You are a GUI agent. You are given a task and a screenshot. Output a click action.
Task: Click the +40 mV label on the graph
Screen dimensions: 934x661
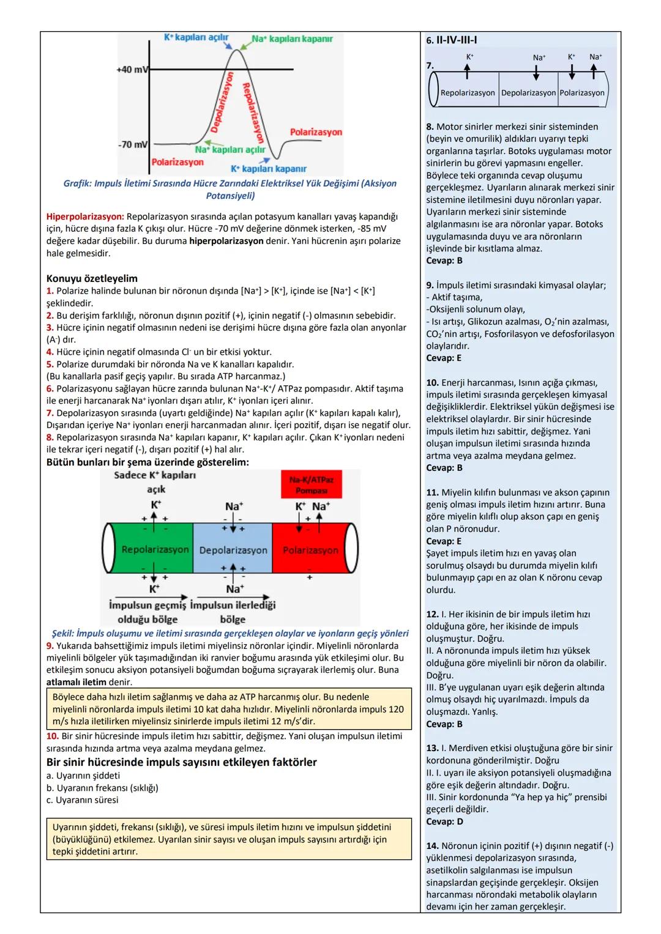click(132, 70)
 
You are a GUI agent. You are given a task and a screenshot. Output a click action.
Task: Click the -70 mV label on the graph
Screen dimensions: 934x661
click(132, 145)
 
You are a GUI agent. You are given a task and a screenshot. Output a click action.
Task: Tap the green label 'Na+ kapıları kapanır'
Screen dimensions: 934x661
click(293, 39)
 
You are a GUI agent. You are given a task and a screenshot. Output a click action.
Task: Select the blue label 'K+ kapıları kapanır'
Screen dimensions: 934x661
click(269, 169)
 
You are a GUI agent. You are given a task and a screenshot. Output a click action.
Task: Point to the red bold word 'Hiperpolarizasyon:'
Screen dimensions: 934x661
click(85, 217)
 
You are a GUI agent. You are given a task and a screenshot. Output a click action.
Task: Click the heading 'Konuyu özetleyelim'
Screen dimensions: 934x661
click(92, 278)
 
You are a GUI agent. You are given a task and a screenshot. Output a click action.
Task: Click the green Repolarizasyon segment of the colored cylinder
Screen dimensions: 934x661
click(155, 549)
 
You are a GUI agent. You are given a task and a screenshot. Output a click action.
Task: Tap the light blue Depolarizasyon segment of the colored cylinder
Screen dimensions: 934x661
click(233, 550)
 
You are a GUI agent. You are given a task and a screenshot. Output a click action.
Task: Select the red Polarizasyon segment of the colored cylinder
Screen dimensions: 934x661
click(310, 550)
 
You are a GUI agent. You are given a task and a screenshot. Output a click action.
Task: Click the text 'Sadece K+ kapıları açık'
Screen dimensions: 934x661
click(155, 482)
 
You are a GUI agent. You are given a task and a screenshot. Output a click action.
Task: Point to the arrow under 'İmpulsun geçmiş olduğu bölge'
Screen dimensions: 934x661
click(148, 597)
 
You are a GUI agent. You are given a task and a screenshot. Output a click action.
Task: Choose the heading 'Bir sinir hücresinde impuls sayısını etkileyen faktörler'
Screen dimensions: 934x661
click(182, 762)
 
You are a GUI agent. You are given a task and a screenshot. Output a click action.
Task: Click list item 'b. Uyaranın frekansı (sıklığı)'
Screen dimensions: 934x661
click(102, 788)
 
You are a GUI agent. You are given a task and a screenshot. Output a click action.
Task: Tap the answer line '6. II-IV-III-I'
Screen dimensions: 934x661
click(452, 40)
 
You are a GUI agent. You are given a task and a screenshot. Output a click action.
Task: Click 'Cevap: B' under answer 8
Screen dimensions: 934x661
click(444, 261)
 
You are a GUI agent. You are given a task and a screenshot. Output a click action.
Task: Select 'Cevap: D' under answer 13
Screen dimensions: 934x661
click(444, 821)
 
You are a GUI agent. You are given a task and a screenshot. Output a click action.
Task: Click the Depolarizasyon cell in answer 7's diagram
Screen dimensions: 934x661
click(528, 93)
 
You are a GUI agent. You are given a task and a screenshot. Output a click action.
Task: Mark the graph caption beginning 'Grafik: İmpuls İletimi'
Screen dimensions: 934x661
click(230, 190)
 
